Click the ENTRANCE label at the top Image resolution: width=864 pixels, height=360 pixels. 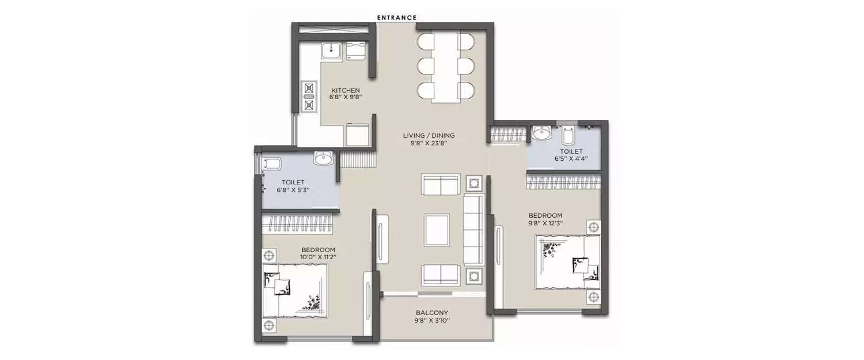pos(396,17)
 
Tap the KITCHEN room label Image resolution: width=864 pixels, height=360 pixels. pos(346,90)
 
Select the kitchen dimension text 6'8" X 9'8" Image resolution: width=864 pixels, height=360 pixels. pos(346,98)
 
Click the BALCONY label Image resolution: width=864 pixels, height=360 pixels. pos(432,313)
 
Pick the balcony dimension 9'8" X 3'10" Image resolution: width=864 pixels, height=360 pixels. pos(432,321)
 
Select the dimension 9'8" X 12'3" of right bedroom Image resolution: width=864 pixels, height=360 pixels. pos(545,223)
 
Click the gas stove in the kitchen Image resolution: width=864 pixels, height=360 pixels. pos(309,96)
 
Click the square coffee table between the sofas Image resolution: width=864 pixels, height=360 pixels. pos(438,229)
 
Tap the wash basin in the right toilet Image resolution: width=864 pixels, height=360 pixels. pos(541,134)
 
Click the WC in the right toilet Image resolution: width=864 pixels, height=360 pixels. pos(568,136)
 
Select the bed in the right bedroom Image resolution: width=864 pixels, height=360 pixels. pos(567,262)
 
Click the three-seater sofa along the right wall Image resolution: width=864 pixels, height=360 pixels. pos(473,229)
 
